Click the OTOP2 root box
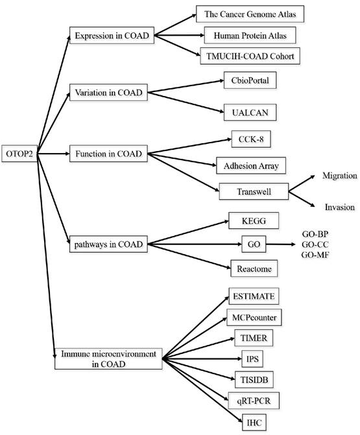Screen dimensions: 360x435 pyautogui.click(x=19, y=154)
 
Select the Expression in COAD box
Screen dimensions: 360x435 pyautogui.click(x=112, y=36)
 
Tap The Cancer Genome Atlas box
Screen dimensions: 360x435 pyautogui.click(x=250, y=14)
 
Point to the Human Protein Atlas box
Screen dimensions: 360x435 pyautogui.click(x=250, y=35)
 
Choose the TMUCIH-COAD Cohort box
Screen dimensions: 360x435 pyautogui.click(x=250, y=56)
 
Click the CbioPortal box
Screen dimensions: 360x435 pyautogui.click(x=250, y=80)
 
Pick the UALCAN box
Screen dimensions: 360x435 pyautogui.click(x=250, y=112)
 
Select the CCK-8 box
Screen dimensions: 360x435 pyautogui.click(x=251, y=139)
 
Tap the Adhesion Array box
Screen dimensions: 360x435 pyautogui.click(x=251, y=165)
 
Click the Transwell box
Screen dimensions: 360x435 pyautogui.click(x=254, y=191)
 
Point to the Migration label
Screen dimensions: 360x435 pyautogui.click(x=339, y=176)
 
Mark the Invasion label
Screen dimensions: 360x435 pyautogui.click(x=339, y=207)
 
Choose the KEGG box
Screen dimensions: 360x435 pyautogui.click(x=254, y=221)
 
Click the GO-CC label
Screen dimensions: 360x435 pyautogui.click(x=315, y=244)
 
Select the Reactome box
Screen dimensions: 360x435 pyautogui.click(x=254, y=268)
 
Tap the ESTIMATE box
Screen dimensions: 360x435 pyautogui.click(x=254, y=296)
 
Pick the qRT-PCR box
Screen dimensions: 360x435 pyautogui.click(x=254, y=401)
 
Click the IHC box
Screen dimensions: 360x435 pyautogui.click(x=254, y=423)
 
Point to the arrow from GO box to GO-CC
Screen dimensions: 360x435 pyautogui.click(x=281, y=244)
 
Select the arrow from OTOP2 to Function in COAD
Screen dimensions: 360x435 pyautogui.click(x=53, y=154)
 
